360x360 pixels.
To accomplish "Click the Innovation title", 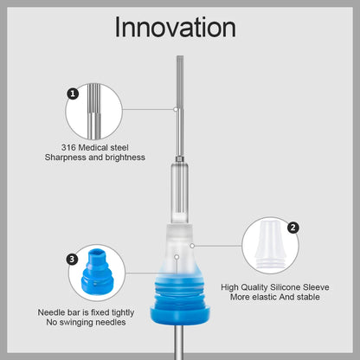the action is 176,28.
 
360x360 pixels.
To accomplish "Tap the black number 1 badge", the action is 73,93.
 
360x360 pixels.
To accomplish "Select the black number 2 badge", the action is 293,228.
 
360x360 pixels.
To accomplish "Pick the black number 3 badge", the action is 72,259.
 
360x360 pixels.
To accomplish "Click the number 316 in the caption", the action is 68,147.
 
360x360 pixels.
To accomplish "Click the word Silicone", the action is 286,287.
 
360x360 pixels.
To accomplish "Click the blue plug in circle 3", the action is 94,271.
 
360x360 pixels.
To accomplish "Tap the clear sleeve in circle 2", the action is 269,245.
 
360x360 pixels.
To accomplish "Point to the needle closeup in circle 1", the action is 93,112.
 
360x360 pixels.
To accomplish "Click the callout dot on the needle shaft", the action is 175,109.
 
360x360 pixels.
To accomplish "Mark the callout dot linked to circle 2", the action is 192,246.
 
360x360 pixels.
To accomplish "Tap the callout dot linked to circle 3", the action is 177,256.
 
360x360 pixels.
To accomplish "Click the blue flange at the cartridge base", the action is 180,315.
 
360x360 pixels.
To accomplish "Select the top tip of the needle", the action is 180,56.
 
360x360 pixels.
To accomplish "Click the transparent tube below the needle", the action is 180,193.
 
